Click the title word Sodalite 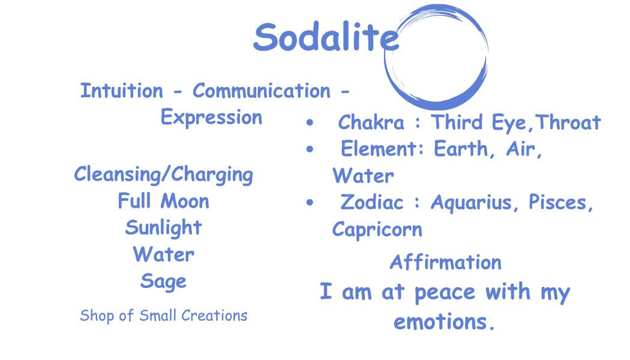(x=326, y=37)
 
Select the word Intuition (x=122, y=90)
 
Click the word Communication (x=261, y=90)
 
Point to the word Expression (x=212, y=118)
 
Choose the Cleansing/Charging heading (x=164, y=175)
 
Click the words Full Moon (x=164, y=201)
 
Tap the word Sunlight (x=164, y=228)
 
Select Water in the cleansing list (x=164, y=254)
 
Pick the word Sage (x=164, y=282)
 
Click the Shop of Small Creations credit (x=164, y=316)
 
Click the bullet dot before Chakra (x=309, y=122)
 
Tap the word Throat (x=568, y=122)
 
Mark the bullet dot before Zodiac (x=309, y=202)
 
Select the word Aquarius (x=471, y=202)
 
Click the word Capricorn (x=377, y=230)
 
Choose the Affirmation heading (x=445, y=262)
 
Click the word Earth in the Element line (x=460, y=149)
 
